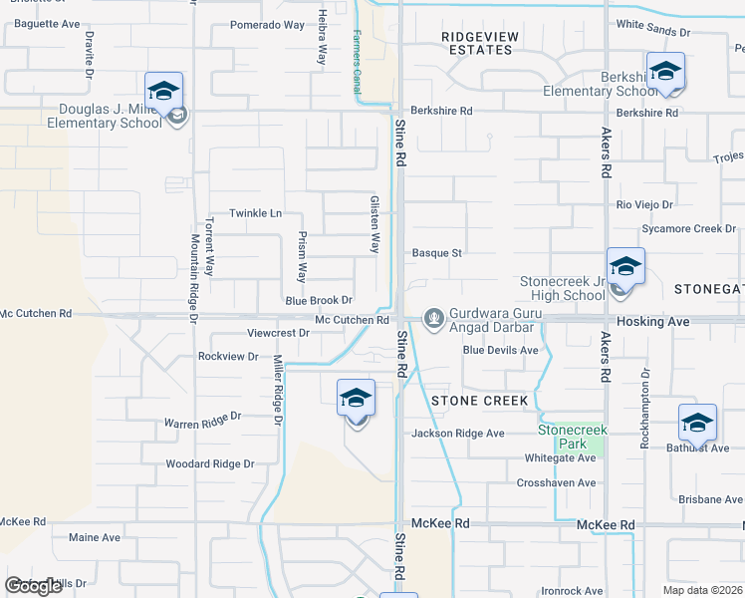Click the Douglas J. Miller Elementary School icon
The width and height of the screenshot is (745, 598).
coord(164,90)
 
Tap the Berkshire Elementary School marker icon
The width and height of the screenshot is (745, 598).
coord(665,71)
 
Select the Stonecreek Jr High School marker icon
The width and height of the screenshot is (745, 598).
coord(625,266)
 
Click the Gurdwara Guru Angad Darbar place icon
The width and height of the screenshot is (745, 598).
coord(433,318)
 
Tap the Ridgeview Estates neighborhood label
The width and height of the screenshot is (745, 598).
coord(480,42)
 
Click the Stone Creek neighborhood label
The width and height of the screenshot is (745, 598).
coord(479,401)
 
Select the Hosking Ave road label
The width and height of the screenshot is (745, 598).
coord(652,322)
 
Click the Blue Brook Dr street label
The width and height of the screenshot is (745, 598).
coord(320,300)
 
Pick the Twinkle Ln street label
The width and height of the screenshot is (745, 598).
coord(256,213)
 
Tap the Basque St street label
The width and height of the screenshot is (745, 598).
coord(437,253)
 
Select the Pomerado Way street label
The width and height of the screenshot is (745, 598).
coord(267,25)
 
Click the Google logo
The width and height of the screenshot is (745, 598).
coord(33,586)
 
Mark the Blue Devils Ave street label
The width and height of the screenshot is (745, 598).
coord(500,350)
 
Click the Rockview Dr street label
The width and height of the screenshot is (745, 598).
coord(228,356)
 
